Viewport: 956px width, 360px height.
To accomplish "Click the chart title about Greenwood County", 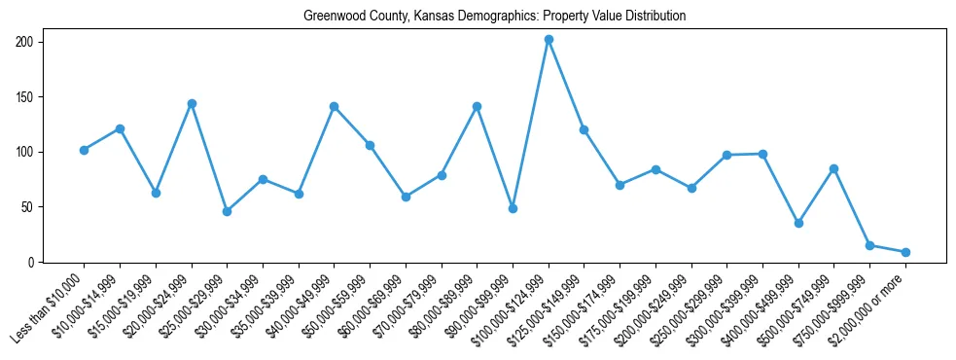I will [494, 17].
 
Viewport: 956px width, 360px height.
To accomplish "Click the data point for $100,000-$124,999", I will [549, 40].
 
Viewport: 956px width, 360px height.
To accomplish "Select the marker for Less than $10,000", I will [85, 150].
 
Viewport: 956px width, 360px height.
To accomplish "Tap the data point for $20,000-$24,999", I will [192, 103].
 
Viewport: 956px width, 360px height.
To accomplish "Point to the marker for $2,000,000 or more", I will [905, 252].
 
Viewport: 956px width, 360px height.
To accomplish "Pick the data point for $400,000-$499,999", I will [798, 223].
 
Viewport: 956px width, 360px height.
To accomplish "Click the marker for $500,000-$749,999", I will [833, 168].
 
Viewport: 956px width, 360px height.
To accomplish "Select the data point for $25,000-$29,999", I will [227, 211].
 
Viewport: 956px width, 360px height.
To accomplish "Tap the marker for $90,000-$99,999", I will [513, 208].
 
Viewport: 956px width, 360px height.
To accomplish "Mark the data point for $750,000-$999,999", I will [869, 245].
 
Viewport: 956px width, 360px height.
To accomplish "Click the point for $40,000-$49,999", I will [334, 106].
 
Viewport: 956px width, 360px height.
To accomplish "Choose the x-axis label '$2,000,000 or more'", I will [868, 307].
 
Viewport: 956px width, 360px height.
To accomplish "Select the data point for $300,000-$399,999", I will [762, 154].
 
